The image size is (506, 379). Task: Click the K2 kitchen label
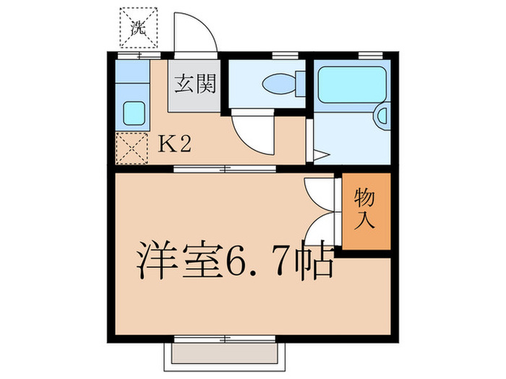pyautogui.click(x=174, y=144)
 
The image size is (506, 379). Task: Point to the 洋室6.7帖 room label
pyautogui.click(x=235, y=263)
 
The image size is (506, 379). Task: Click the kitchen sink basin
pyautogui.click(x=132, y=113)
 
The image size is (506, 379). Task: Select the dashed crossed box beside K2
pyautogui.click(x=131, y=149)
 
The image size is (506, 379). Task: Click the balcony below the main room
pyautogui.click(x=226, y=353)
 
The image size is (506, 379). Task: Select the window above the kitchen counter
pyautogui.click(x=133, y=56)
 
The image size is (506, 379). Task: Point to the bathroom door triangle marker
pyautogui.click(x=320, y=154)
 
